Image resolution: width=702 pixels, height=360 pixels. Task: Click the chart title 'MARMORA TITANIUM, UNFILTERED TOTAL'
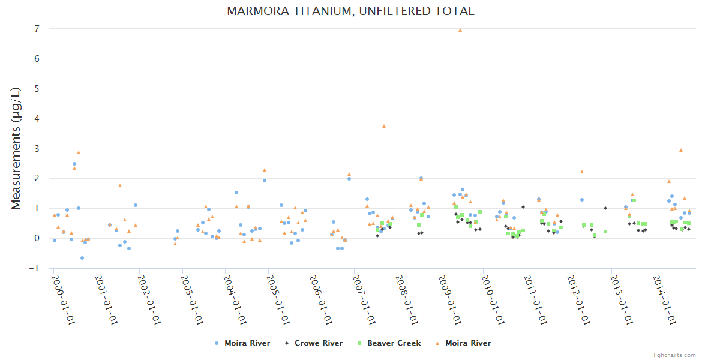350,11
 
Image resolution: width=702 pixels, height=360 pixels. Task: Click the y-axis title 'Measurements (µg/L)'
16,148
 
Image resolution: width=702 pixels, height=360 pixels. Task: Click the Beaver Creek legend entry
394,343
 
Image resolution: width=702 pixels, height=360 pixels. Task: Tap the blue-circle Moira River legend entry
247,343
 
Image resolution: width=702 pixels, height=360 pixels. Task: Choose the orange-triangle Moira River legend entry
467,343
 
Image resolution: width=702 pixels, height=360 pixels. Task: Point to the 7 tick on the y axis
37,29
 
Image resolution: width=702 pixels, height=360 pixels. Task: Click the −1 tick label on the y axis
35,268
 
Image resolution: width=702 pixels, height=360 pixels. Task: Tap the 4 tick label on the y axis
37,119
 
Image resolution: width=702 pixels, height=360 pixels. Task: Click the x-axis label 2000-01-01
62,299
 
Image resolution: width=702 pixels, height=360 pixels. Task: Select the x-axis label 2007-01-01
363,299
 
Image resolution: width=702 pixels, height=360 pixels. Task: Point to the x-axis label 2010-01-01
491,299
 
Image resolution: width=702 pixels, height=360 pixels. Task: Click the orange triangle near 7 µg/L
460,30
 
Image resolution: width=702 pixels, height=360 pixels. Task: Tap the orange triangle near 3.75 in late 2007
384,126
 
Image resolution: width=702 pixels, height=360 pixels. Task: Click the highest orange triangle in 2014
681,150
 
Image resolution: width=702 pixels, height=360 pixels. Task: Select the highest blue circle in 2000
74,164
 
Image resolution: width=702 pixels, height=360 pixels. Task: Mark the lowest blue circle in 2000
82,258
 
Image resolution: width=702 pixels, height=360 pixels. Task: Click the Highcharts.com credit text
674,355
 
